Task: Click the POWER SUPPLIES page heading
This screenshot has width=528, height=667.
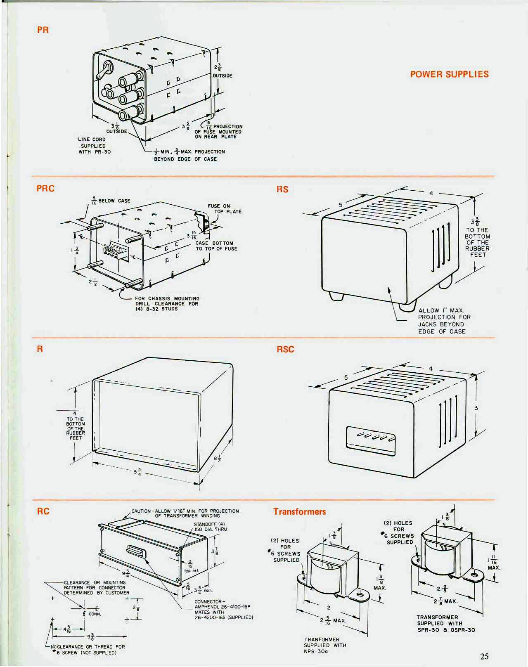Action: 449,74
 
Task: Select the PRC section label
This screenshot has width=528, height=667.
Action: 45,188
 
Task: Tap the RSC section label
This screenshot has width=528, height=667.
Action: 285,349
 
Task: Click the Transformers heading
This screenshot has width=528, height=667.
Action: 299,512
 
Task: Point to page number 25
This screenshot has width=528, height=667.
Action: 484,656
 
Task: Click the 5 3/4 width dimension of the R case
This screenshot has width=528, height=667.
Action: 138,472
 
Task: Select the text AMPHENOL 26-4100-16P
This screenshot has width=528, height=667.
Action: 223,607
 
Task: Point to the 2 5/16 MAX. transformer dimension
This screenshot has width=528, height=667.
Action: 333,620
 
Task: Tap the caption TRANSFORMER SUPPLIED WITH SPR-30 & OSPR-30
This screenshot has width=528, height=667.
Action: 445,624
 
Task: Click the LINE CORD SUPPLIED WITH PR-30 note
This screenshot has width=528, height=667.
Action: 95,146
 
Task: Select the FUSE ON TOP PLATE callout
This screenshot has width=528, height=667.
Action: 224,209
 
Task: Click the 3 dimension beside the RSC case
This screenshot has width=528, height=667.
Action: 476,408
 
